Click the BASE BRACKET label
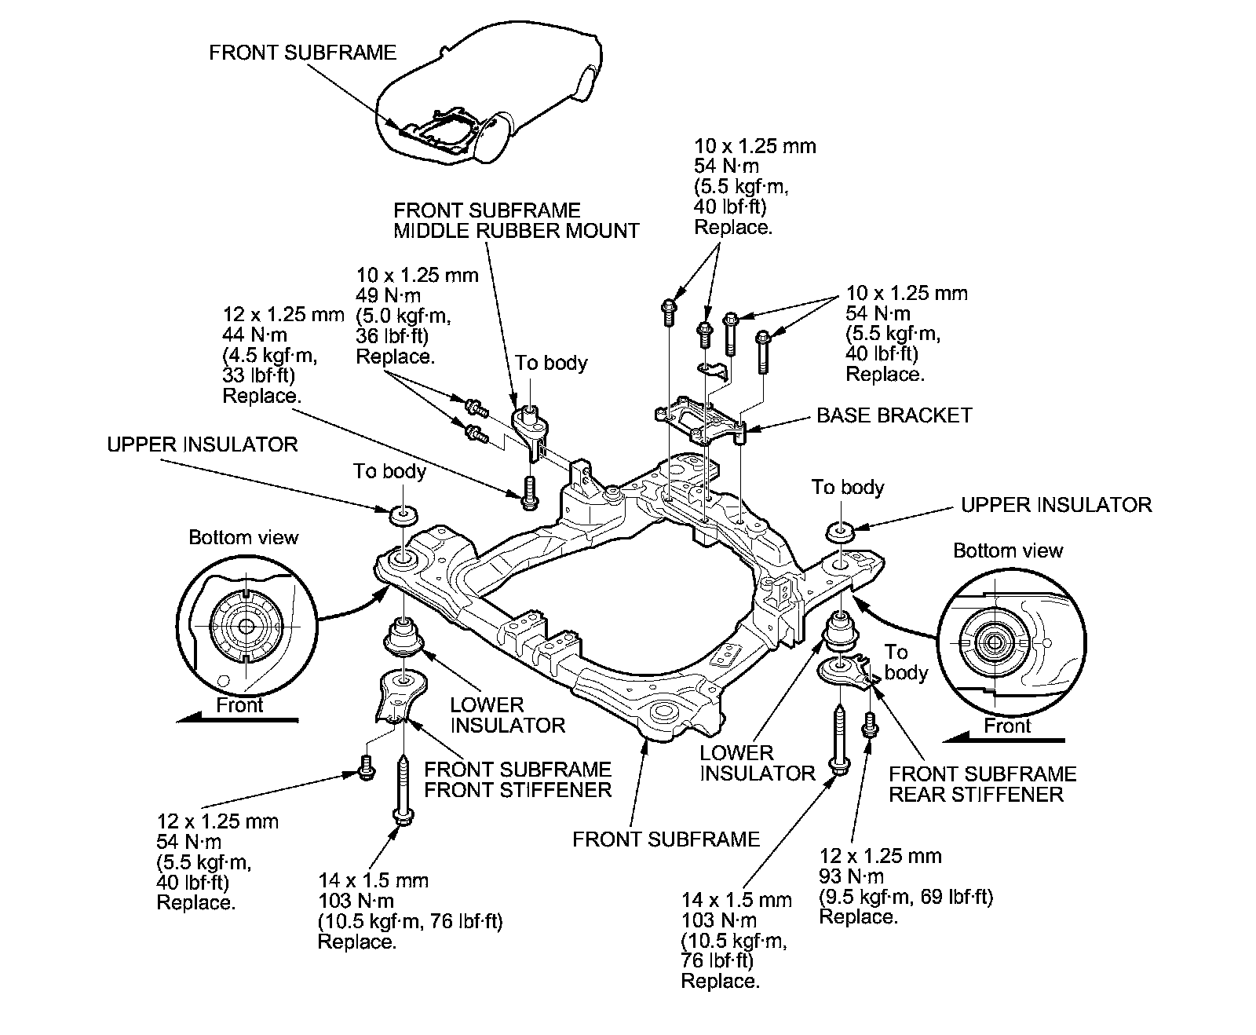[x=894, y=415]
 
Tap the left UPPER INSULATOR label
[x=203, y=444]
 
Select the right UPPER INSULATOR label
[x=1056, y=505]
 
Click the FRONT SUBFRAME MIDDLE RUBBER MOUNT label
[x=516, y=221]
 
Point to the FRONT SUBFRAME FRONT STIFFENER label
[x=517, y=780]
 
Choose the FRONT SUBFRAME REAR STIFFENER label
[x=982, y=784]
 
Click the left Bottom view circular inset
[x=246, y=626]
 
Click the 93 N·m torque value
[x=851, y=876]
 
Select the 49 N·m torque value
[x=388, y=296]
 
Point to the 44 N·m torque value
[x=255, y=335]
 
